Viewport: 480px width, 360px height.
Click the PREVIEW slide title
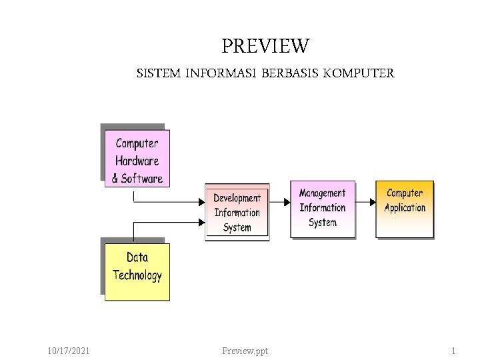click(265, 47)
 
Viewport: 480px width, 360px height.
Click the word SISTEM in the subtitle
click(158, 73)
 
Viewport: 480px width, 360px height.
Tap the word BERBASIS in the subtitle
click(289, 73)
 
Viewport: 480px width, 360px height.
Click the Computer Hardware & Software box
click(137, 159)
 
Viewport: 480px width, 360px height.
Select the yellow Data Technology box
click(137, 271)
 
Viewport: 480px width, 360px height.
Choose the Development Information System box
click(237, 212)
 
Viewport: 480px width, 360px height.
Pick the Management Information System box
click(323, 208)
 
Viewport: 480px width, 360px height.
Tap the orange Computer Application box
click(405, 207)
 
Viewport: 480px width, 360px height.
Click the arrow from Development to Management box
click(280, 201)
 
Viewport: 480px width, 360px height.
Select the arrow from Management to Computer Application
click(365, 201)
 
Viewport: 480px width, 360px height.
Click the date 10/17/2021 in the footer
click(70, 351)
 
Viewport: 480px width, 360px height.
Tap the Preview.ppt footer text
click(245, 351)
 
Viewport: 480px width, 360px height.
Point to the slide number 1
click(453, 351)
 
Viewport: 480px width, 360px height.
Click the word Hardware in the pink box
click(137, 160)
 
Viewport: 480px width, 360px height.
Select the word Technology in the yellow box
click(137, 275)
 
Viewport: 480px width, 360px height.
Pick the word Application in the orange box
click(405, 207)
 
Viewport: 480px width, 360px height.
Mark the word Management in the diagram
click(323, 193)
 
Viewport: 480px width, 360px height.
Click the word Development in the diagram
click(237, 198)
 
